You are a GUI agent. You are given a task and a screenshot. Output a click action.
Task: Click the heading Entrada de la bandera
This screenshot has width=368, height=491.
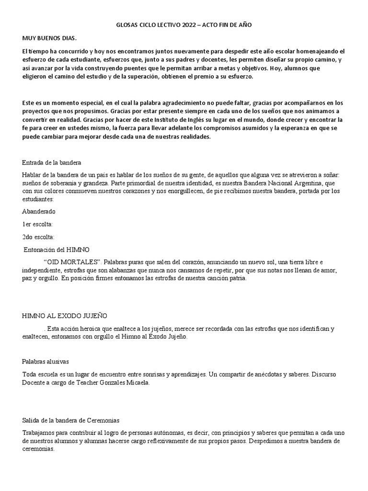[x=52, y=162]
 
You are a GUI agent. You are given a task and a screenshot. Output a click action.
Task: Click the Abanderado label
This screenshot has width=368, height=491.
[x=39, y=211]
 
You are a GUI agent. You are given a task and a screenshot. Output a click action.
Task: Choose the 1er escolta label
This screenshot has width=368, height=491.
[x=37, y=224]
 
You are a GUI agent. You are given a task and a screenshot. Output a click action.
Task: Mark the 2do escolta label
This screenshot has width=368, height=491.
[x=38, y=236]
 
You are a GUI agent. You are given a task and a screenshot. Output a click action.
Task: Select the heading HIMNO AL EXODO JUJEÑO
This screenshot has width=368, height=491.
[x=65, y=316]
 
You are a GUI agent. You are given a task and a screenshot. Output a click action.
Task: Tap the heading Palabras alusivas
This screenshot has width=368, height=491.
[x=47, y=361]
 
